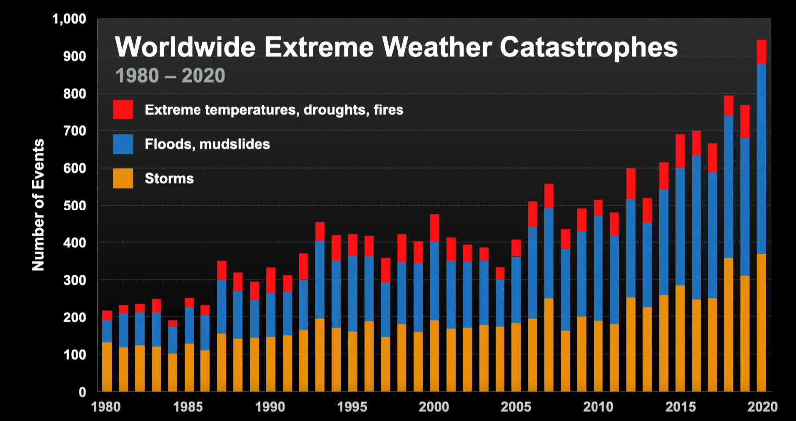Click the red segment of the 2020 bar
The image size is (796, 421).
tap(761, 52)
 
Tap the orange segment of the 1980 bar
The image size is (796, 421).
tap(107, 367)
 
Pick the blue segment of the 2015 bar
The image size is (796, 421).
tap(680, 226)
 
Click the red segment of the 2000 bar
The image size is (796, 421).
tap(434, 228)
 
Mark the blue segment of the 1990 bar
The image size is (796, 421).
tap(271, 315)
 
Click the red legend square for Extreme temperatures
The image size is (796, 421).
tap(123, 109)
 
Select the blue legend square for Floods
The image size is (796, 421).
tap(123, 144)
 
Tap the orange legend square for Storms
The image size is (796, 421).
tap(123, 178)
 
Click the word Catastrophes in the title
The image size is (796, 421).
tap(588, 47)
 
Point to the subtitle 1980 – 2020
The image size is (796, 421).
tap(170, 76)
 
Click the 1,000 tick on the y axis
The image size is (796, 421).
tap(69, 19)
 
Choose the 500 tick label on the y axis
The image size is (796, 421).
tap(74, 206)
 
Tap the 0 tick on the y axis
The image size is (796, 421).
tap(82, 392)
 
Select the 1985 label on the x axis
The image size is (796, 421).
tap(188, 407)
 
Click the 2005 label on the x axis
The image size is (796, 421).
tap(516, 407)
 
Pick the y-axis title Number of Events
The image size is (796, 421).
tap(38, 205)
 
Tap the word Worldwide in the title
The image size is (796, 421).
tap(185, 47)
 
